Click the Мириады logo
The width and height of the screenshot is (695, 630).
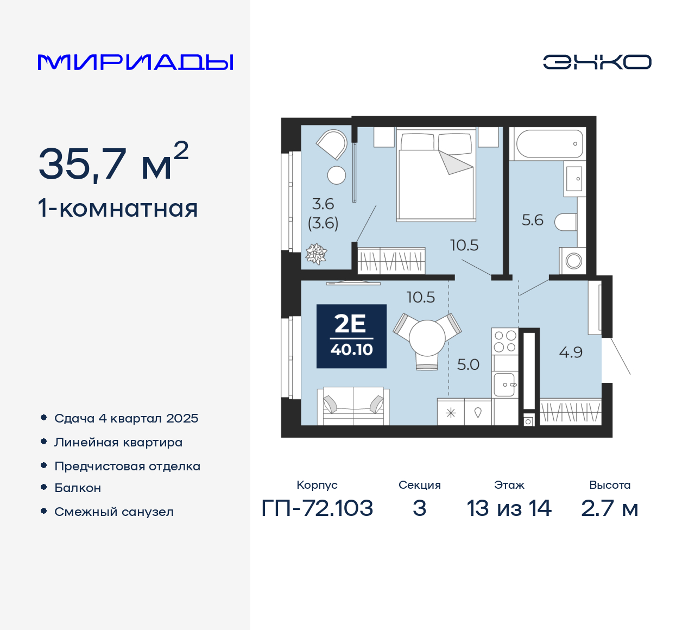tap(135, 62)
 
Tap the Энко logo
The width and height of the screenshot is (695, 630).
tap(597, 62)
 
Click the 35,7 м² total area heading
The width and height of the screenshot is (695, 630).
tap(113, 162)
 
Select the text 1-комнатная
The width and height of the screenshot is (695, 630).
tap(118, 209)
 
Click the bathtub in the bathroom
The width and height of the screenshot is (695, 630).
tap(549, 144)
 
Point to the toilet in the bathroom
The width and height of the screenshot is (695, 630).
tap(566, 222)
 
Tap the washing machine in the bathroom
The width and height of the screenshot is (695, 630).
tap(573, 261)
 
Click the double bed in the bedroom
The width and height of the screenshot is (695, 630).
tap(436, 175)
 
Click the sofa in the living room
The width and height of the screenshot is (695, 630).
tap(353, 406)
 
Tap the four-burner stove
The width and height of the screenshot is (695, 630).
tap(505, 342)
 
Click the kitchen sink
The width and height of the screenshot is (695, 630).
tap(505, 385)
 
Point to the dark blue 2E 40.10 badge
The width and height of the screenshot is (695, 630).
tap(351, 336)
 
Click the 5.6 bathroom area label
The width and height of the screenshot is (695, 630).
tap(532, 220)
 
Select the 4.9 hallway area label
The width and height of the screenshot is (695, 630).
tap(571, 352)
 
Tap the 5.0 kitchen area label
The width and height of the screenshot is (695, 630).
tap(467, 364)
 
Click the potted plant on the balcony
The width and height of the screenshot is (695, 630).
tap(316, 254)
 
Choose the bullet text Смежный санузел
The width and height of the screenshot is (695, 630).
tap(114, 512)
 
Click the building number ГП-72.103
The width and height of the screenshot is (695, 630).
tap(317, 508)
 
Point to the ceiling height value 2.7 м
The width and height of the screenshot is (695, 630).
tap(609, 508)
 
